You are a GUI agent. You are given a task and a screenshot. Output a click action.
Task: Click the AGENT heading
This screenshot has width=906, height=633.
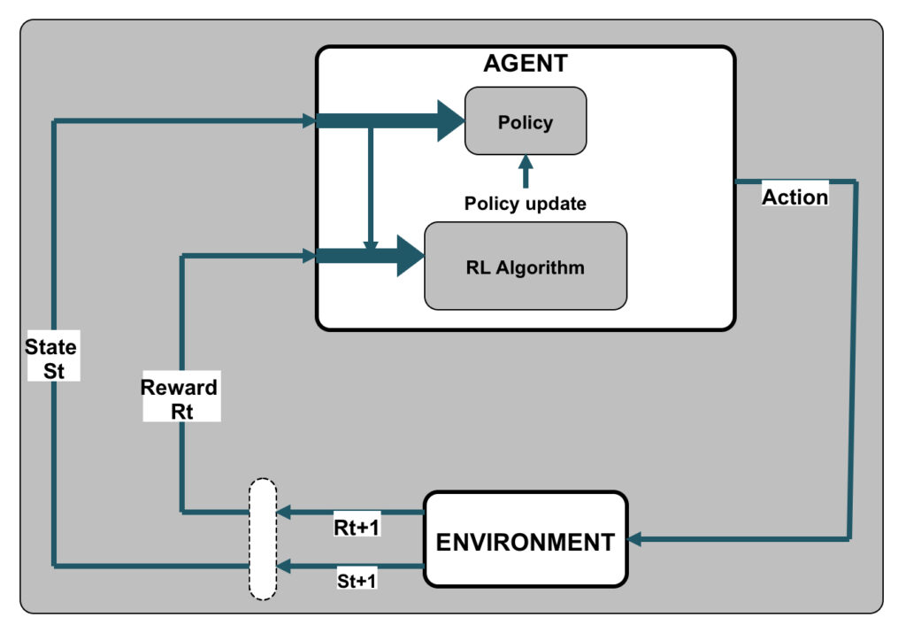pos(526,64)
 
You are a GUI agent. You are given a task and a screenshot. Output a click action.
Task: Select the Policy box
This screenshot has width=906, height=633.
pos(526,120)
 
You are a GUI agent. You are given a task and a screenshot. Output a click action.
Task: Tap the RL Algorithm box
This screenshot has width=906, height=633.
pos(526,266)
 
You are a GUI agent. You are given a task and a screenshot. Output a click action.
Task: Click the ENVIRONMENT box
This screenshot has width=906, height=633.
pos(526,540)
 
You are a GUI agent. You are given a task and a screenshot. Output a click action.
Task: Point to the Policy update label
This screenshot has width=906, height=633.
pos(526,204)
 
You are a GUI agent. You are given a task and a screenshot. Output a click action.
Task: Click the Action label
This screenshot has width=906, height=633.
pos(795,197)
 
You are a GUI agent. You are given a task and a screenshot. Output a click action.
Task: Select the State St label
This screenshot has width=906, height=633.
pos(51,358)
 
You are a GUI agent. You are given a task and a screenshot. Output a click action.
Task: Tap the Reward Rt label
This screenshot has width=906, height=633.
pos(180,398)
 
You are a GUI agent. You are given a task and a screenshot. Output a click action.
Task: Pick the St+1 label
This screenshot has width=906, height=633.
pos(357,582)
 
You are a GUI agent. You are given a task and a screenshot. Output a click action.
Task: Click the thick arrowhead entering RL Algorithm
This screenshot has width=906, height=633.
pos(410,256)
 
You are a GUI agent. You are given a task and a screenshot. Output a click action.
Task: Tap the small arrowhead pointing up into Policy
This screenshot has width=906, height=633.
pos(526,161)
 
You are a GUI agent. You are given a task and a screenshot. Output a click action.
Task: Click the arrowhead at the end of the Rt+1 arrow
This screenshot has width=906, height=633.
pos(284,512)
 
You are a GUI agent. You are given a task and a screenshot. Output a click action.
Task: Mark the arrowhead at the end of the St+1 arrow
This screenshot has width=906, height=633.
pos(284,566)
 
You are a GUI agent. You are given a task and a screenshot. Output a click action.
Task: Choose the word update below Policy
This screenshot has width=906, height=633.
pos(555,204)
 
